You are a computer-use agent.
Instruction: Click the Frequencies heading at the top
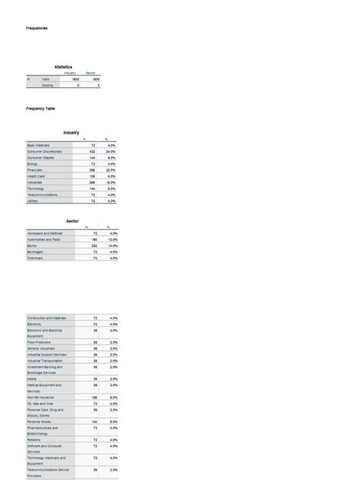coord(37,28)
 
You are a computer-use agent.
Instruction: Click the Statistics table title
coord(63,67)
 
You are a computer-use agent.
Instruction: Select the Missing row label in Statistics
coord(48,86)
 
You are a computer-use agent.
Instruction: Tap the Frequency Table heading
coord(41,109)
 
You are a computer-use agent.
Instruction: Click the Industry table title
coord(71,133)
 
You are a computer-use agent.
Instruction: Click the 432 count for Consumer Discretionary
coord(93,151)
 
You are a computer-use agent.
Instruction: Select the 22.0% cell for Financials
coord(110,170)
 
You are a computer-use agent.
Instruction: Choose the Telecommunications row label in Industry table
coord(46,195)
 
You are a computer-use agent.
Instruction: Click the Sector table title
coord(72,220)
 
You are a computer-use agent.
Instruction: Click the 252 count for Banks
coord(93,246)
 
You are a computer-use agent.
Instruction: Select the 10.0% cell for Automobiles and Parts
coord(110,239)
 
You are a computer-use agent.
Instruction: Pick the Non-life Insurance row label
coord(43,396)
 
